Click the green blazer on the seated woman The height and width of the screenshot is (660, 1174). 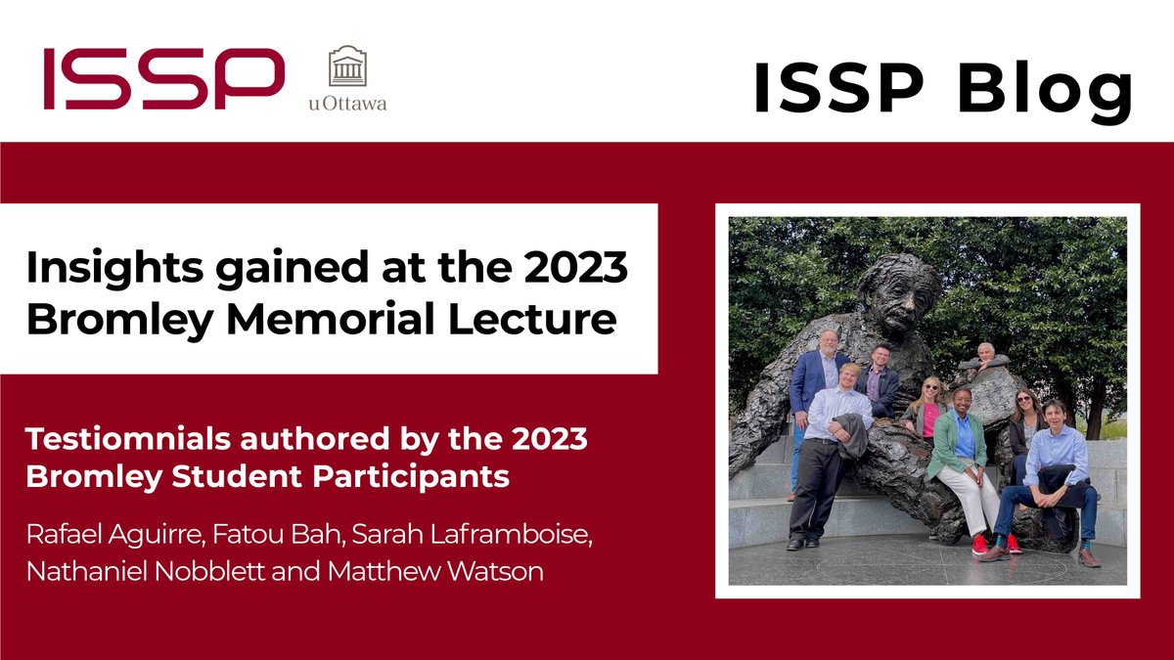point(949,445)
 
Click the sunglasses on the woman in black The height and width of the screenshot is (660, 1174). point(1023,399)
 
